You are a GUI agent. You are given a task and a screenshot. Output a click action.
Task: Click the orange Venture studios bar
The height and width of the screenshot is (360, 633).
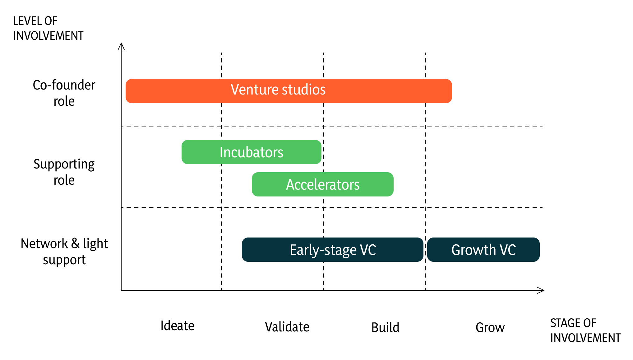(289, 91)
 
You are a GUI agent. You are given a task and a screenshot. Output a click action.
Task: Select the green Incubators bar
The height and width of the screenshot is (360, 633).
(252, 152)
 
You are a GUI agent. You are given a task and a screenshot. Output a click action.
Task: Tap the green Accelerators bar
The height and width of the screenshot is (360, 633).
(323, 184)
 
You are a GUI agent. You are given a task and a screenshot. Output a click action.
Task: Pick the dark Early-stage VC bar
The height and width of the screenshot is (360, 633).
(333, 250)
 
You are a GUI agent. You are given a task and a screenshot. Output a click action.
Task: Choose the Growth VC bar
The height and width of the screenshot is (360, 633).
(483, 250)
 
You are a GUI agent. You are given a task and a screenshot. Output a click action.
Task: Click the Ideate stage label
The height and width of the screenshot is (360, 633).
(178, 326)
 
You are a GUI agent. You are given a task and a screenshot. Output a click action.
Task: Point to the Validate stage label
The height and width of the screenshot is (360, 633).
(287, 327)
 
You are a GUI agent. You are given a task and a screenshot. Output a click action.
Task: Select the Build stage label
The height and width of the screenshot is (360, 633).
(386, 328)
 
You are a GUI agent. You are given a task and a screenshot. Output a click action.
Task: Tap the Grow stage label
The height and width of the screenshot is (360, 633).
(490, 328)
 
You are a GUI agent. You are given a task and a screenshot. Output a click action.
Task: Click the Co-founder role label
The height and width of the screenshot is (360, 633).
(64, 93)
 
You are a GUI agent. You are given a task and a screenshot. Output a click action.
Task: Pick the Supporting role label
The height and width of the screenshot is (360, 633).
(64, 172)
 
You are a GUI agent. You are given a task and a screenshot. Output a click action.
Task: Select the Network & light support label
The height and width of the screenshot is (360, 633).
(64, 252)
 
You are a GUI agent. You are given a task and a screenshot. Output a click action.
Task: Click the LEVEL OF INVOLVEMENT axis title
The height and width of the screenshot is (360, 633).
(48, 28)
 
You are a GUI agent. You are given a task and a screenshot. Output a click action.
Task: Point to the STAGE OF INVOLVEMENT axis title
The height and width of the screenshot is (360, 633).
(585, 330)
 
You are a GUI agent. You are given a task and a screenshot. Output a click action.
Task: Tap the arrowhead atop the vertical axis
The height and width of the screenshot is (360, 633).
(121, 43)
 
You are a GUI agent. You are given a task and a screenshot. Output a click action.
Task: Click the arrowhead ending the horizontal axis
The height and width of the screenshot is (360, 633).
(544, 290)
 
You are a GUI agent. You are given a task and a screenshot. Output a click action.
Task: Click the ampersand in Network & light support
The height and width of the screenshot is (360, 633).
(75, 244)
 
